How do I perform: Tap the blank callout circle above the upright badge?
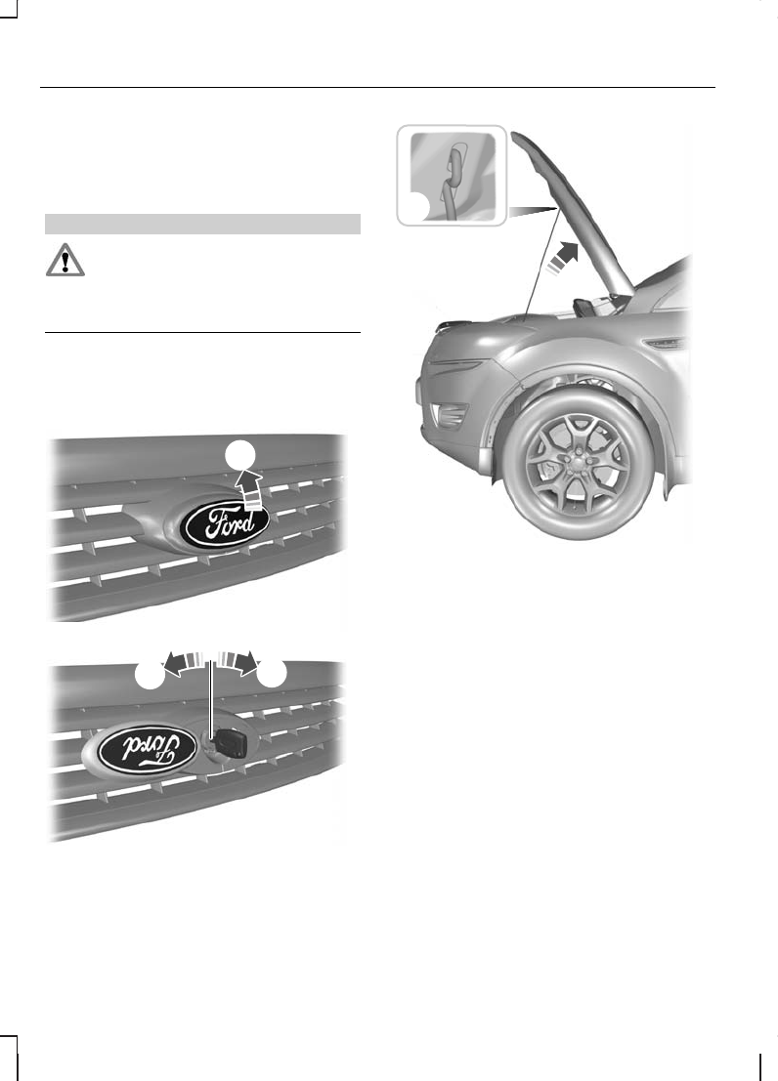point(244,454)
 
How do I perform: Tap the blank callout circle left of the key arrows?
point(150,676)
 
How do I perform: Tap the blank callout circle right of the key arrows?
point(272,676)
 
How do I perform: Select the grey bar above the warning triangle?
point(203,224)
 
